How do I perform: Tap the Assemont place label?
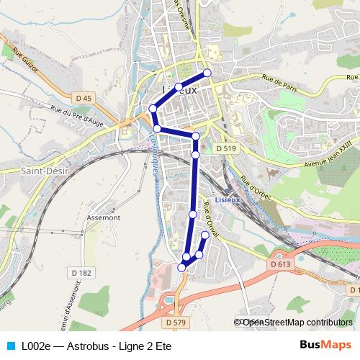(x=103, y=215)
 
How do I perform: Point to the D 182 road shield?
(x=83, y=272)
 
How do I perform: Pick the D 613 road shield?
(x=282, y=265)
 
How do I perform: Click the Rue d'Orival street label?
(x=212, y=216)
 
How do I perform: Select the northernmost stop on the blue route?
(x=207, y=72)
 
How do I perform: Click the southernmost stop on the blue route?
(x=181, y=267)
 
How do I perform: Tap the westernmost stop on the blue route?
(x=153, y=109)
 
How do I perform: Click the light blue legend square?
(x=9, y=346)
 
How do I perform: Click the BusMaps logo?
(x=325, y=345)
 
